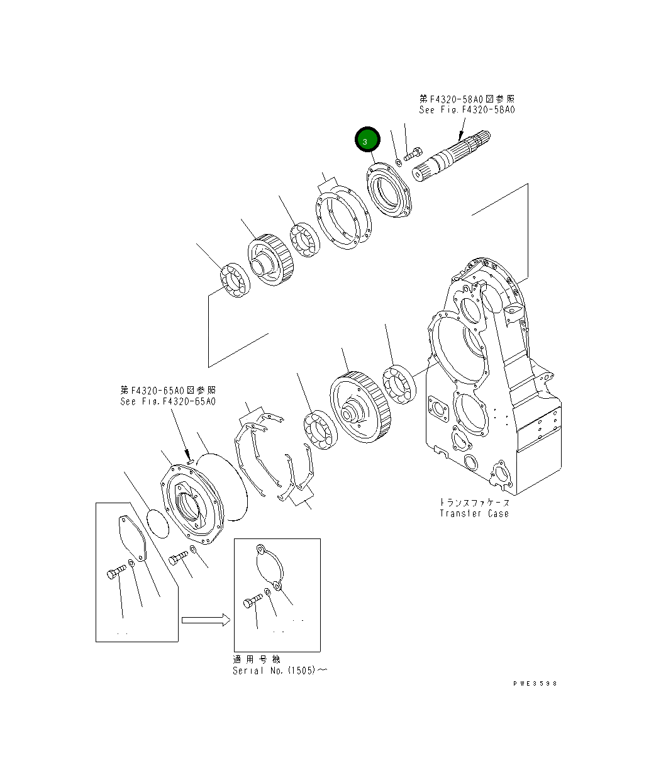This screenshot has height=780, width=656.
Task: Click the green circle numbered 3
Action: coord(367,141)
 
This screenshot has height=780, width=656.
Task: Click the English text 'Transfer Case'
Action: coord(474,513)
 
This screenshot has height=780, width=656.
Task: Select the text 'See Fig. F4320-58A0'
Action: coord(467,109)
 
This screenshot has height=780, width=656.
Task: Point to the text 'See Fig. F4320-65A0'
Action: coord(168,401)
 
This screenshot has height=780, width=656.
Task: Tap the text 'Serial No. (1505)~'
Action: coord(279,671)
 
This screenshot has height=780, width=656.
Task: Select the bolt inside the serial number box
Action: coord(253,603)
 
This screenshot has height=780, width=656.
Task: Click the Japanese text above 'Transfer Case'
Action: coord(474,502)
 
